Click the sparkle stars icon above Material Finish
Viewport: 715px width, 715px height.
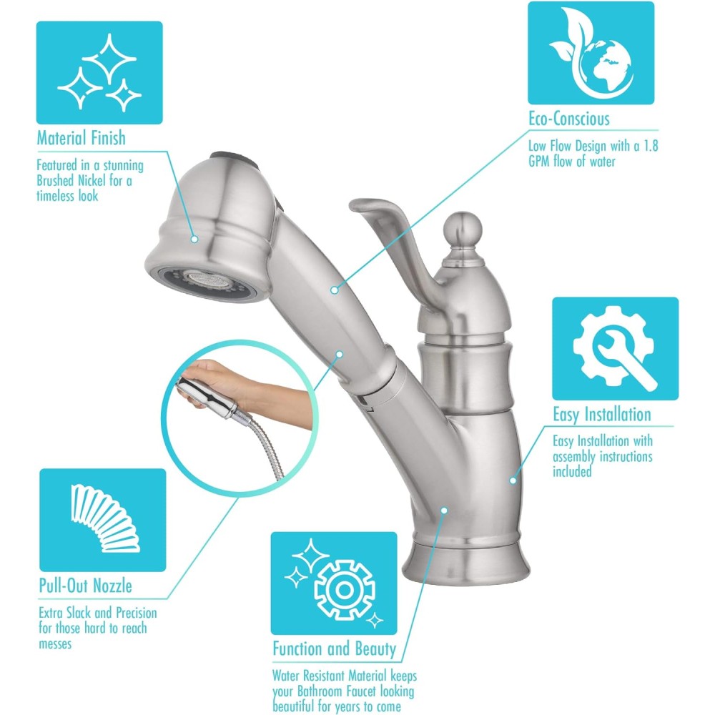(99, 72)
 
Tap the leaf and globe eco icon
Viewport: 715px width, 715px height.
(591, 53)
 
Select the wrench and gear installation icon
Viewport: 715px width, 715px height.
(615, 349)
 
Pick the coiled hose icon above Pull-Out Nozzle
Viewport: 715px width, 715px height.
(102, 520)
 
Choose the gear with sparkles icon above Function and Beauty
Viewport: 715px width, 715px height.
(334, 583)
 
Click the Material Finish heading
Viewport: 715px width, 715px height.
(82, 138)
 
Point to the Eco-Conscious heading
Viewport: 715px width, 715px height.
(569, 119)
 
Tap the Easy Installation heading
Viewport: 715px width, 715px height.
(602, 415)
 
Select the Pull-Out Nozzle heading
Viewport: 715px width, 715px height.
(86, 586)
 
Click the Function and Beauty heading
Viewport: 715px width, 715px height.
(335, 649)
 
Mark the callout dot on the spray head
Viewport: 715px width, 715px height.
(194, 239)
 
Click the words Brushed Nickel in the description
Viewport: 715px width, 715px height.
(71, 181)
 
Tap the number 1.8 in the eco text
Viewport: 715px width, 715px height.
(651, 146)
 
